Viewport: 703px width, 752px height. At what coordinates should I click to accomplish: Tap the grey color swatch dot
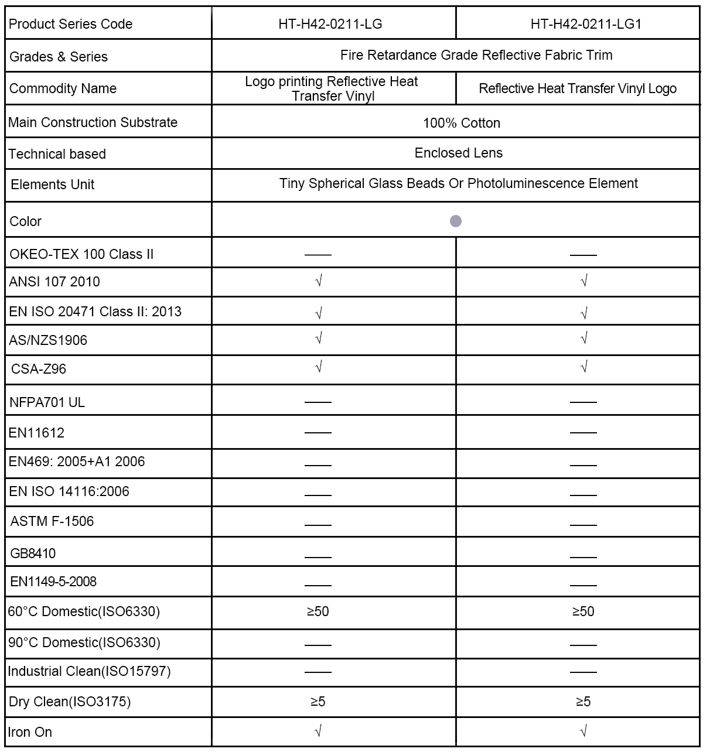coord(456,221)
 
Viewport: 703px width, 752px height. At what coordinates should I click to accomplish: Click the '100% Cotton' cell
coord(462,123)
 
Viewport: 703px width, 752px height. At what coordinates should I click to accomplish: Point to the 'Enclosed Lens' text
coord(458,153)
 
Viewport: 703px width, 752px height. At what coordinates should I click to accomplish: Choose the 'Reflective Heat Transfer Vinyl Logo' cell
coord(578,88)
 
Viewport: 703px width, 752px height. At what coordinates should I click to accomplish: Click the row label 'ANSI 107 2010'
coord(54,282)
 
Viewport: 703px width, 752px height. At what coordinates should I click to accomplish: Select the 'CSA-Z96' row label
coord(39,369)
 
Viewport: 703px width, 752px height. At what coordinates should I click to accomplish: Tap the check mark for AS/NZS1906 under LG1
coord(583,339)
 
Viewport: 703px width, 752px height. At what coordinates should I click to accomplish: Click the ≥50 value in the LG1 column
coord(583,611)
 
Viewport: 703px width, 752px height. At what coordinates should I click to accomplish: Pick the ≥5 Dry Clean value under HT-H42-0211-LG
coord(318,701)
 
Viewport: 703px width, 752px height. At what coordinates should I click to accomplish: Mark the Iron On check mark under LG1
coord(583,731)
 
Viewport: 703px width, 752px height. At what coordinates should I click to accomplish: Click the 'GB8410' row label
coord(33,553)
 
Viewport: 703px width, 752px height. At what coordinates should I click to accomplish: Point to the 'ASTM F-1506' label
coord(52,521)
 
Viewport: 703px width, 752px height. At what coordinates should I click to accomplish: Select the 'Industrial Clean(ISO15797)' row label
coord(89,671)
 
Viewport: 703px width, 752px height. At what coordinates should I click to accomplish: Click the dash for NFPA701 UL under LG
coord(318,402)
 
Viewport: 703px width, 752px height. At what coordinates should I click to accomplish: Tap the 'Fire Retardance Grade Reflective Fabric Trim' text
coord(476,55)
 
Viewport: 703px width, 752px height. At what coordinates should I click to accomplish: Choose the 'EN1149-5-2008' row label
coord(53,582)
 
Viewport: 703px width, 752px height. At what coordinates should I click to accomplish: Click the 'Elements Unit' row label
coord(53,184)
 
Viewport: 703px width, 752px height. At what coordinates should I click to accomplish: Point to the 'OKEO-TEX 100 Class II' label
coord(81,254)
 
